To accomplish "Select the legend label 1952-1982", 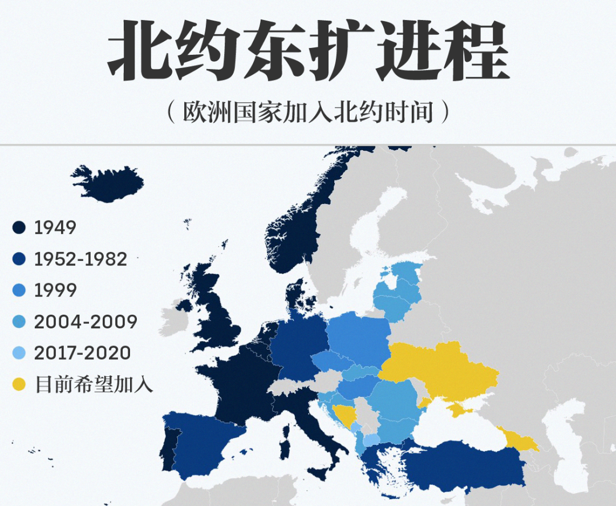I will [80, 259].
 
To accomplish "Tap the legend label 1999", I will [55, 291].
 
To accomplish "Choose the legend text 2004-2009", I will [86, 322].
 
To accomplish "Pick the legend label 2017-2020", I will [83, 353].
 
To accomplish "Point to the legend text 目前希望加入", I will [94, 384].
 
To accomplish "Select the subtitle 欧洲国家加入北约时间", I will [308, 113].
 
